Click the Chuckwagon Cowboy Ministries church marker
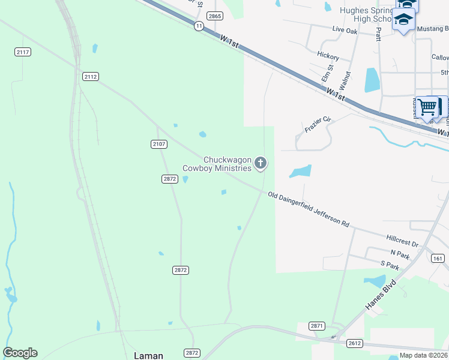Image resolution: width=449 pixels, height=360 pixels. pyautogui.click(x=261, y=163)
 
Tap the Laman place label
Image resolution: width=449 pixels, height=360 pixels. pyautogui.click(x=148, y=355)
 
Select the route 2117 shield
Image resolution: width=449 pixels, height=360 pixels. pyautogui.click(x=23, y=53)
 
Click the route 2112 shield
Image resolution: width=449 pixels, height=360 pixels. pyautogui.click(x=91, y=77)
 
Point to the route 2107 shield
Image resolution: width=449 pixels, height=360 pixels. pyautogui.click(x=158, y=144)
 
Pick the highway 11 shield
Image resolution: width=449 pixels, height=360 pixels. pyautogui.click(x=198, y=26)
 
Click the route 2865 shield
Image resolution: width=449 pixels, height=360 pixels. pyautogui.click(x=215, y=16)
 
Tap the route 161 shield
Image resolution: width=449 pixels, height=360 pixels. pyautogui.click(x=438, y=258)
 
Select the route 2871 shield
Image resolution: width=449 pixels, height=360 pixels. pyautogui.click(x=318, y=326)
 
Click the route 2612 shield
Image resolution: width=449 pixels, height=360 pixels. pyautogui.click(x=354, y=343)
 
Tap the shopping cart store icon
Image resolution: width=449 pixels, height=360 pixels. pyautogui.click(x=427, y=107)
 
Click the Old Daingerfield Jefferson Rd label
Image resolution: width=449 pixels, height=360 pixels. pyautogui.click(x=309, y=209)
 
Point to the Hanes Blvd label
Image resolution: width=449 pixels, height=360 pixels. pyautogui.click(x=381, y=295)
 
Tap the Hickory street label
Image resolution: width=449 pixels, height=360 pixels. pyautogui.click(x=328, y=57)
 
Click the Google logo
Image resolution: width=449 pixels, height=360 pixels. pyautogui.click(x=20, y=353)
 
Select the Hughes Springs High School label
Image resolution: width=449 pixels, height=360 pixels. pyautogui.click(x=365, y=14)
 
